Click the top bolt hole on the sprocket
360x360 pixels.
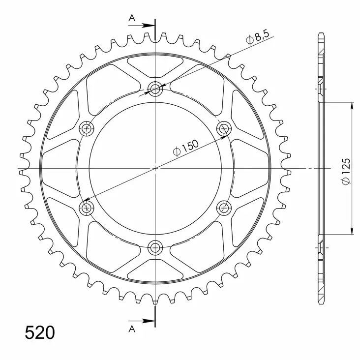156,89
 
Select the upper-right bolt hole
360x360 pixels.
224,128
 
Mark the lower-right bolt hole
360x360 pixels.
224,207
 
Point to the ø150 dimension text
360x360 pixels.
185,148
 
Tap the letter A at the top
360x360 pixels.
131,18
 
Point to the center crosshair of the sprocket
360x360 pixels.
156,168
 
